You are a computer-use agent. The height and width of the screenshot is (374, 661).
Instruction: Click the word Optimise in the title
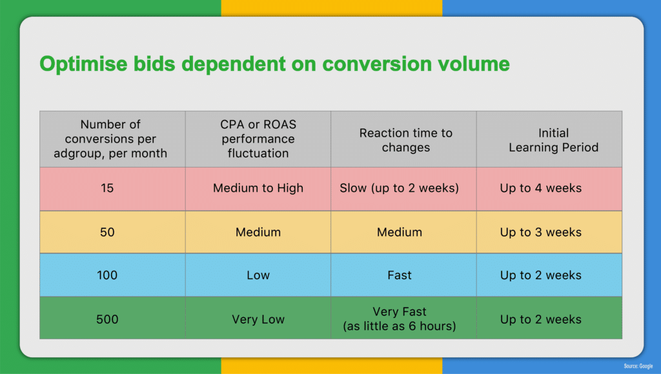pos(83,64)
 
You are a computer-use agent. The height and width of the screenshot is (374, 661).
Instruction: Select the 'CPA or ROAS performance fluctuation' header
pos(258,139)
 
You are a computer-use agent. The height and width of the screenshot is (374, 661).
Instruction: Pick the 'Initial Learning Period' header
pos(549,139)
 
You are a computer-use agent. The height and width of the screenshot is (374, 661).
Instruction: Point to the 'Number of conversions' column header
pos(112,139)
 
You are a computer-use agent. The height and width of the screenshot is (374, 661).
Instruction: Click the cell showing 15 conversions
pos(112,189)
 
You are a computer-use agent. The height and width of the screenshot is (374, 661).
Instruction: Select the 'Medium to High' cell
pos(258,189)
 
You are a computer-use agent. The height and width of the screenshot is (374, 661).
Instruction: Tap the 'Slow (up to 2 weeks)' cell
pos(403,189)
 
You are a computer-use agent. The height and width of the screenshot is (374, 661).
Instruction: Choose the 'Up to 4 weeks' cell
pos(549,189)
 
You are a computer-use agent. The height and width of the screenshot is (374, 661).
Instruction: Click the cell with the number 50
pos(112,232)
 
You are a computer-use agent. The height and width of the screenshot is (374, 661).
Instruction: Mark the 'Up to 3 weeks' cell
pos(549,232)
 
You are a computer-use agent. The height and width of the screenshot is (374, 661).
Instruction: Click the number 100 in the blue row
pos(107,275)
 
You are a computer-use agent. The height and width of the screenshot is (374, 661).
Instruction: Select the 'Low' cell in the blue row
pos(258,275)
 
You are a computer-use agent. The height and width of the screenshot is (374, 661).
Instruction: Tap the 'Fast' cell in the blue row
pos(403,275)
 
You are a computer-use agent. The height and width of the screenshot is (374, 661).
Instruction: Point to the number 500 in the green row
pos(107,319)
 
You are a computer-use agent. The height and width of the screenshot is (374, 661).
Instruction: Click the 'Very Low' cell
pos(258,318)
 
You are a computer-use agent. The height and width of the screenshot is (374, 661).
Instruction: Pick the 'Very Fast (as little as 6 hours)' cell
pos(403,318)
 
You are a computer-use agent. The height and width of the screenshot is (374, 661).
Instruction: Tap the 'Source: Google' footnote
pos(638,366)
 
